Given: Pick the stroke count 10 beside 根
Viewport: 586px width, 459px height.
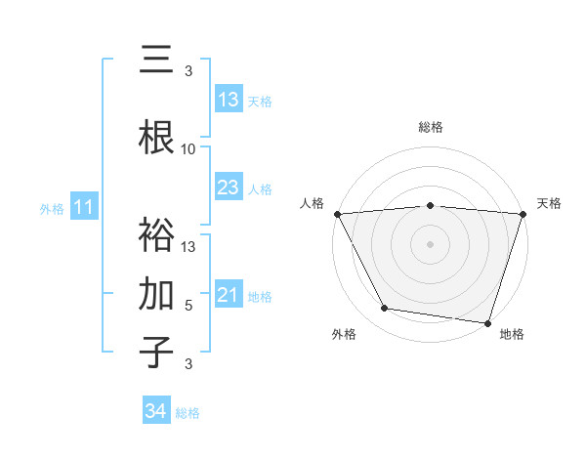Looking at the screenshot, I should pyautogui.click(x=188, y=149).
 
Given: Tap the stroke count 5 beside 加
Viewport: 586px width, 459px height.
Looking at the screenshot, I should pyautogui.click(x=188, y=306).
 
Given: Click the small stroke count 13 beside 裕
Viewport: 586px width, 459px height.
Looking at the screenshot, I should pyautogui.click(x=188, y=247).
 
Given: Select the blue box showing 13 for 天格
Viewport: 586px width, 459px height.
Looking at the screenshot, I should pyautogui.click(x=228, y=100).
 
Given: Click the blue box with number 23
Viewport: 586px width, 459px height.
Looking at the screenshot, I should pyautogui.click(x=228, y=188).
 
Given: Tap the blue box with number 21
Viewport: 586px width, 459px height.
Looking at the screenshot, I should pyautogui.click(x=228, y=295).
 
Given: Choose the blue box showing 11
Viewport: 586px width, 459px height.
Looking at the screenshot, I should pyautogui.click(x=83, y=207).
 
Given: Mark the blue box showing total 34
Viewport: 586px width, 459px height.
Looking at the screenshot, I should pyautogui.click(x=155, y=411).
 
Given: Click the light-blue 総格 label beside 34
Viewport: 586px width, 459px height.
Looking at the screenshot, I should pyautogui.click(x=188, y=413).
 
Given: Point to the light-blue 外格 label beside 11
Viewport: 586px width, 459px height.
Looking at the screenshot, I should pyautogui.click(x=52, y=208).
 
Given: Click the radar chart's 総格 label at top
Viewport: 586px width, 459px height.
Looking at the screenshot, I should pyautogui.click(x=430, y=127).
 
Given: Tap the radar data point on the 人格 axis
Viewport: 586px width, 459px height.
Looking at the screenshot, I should pyautogui.click(x=337, y=214).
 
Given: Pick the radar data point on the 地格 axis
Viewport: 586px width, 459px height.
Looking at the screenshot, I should pyautogui.click(x=487, y=322).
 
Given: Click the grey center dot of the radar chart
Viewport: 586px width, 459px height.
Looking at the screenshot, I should pyautogui.click(x=430, y=243).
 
